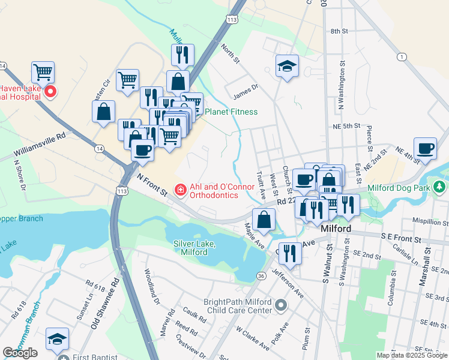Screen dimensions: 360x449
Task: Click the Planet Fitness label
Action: (231, 112)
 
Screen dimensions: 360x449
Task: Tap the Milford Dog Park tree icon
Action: (440, 187)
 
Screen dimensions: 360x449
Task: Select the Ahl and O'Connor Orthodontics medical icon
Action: (179, 190)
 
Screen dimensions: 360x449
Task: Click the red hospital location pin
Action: (50, 92)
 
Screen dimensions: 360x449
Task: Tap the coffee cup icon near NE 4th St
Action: (425, 149)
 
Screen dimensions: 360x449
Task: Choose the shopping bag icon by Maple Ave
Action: (264, 220)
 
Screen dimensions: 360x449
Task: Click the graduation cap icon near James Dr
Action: (288, 67)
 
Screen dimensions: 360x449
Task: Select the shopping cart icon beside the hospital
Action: (43, 73)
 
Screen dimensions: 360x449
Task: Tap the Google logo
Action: (20, 353)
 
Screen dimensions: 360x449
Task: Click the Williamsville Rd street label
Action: (40, 146)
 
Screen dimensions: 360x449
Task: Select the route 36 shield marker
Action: (261, 275)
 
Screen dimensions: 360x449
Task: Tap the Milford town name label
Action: (336, 229)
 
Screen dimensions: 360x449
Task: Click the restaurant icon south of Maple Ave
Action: (291, 254)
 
